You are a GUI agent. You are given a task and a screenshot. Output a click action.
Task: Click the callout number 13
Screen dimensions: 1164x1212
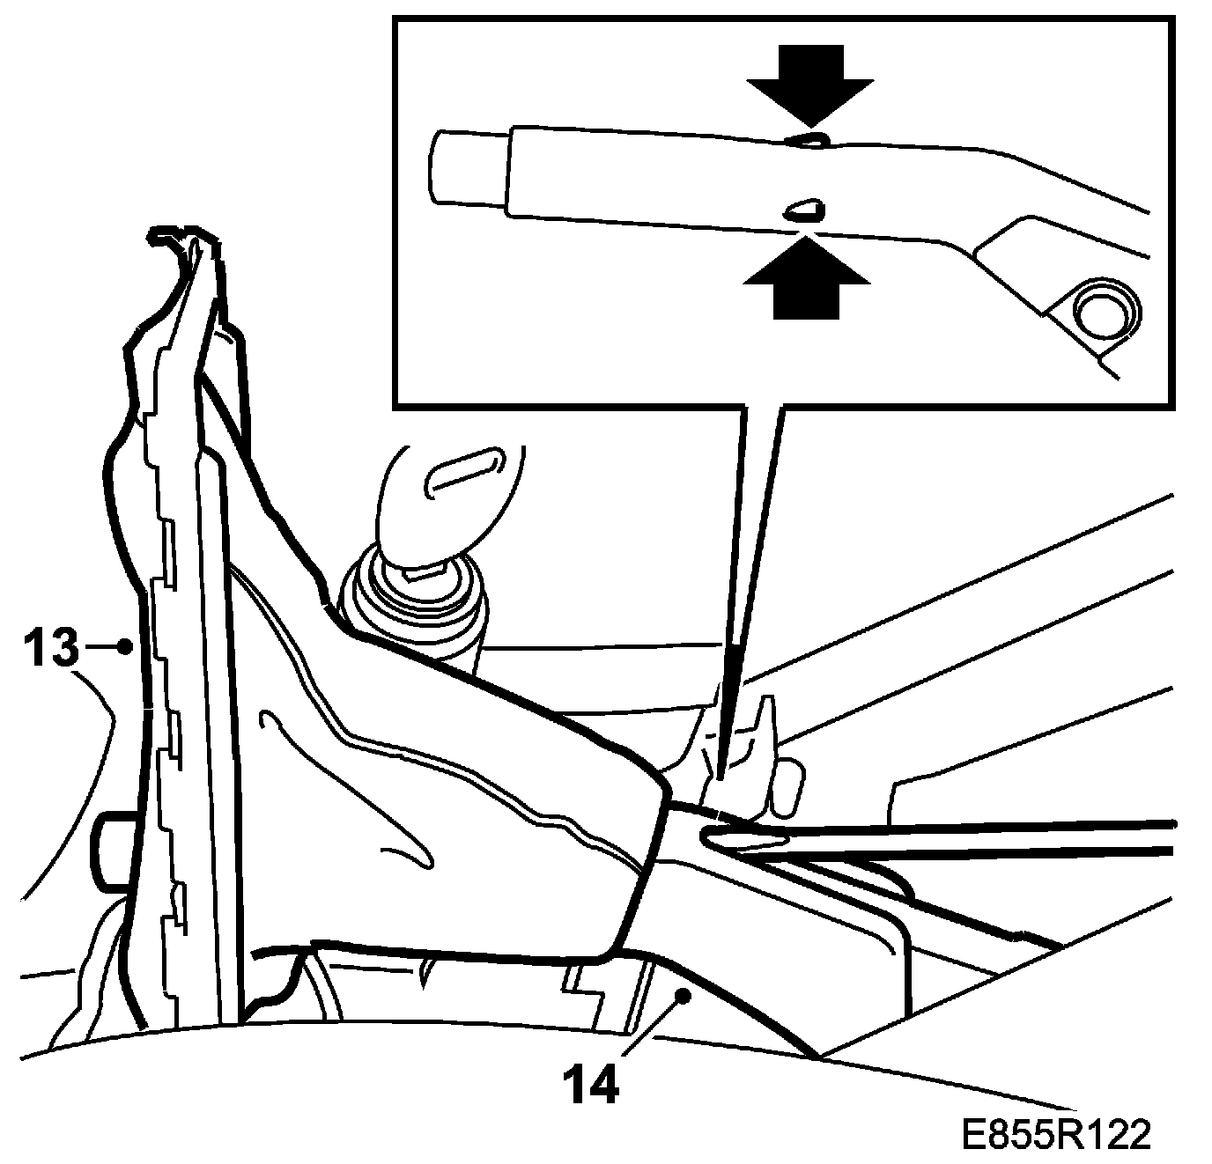(51, 649)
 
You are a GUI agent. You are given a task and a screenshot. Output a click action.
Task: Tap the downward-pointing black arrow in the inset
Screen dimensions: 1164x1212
(810, 83)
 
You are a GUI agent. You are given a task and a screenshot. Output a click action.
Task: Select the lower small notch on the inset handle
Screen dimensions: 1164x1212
(803, 210)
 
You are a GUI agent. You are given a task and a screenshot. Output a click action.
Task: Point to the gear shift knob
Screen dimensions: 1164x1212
(449, 497)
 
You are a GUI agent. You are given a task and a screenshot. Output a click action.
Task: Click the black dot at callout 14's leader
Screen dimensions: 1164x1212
(682, 995)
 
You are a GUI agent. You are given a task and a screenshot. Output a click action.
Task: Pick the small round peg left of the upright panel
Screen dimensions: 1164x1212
(110, 845)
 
